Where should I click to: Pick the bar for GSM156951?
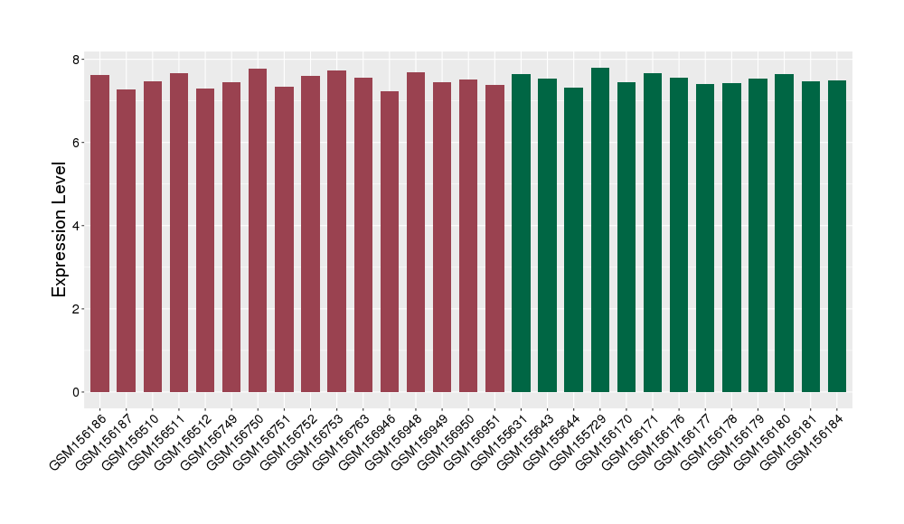pyautogui.click(x=494, y=239)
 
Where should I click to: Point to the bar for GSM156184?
pyautogui.click(x=837, y=236)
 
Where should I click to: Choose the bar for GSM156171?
pyautogui.click(x=653, y=232)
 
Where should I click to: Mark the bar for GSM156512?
pyautogui.click(x=205, y=240)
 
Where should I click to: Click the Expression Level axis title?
pyautogui.click(x=60, y=229)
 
